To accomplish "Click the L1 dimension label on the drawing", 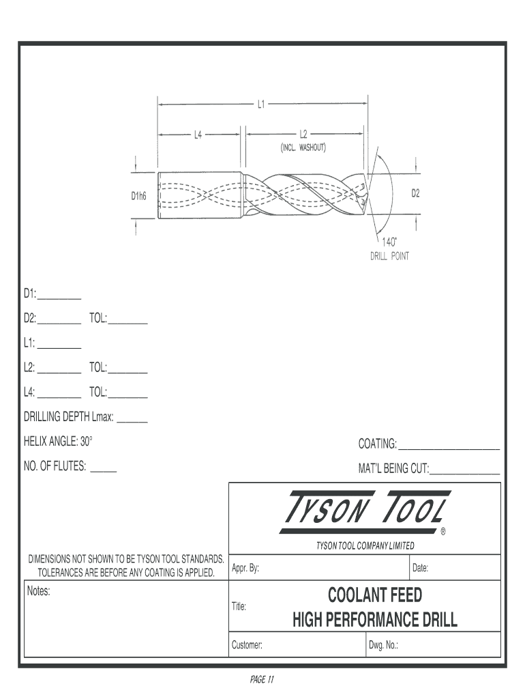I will [x=260, y=105].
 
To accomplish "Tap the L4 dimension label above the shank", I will [x=197, y=134].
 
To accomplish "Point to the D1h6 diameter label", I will [x=139, y=196].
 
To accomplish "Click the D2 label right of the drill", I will [x=415, y=193].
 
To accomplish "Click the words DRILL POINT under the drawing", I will [x=389, y=257].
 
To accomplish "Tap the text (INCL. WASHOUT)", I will [x=304, y=147].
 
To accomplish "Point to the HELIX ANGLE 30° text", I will [x=58, y=442].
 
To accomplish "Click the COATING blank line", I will [x=449, y=447].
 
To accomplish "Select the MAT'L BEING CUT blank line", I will [x=465, y=471].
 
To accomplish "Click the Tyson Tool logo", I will [x=364, y=511].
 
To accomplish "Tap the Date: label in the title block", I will [x=420, y=568].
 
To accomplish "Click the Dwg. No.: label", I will [x=383, y=645].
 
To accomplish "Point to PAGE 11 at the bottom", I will [x=262, y=680].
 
